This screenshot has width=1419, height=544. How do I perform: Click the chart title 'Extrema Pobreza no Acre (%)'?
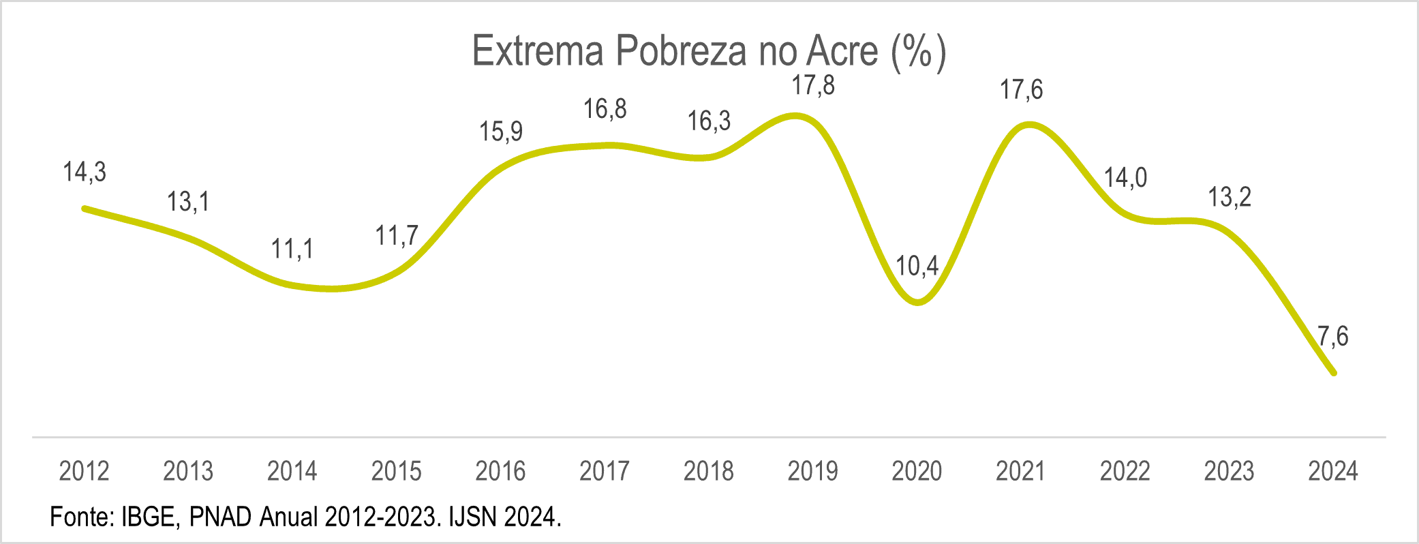coord(709,51)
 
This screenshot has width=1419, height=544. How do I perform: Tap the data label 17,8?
coord(813,86)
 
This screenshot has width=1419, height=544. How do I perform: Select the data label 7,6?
coord(1332,336)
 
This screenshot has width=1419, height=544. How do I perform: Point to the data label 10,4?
coord(917,266)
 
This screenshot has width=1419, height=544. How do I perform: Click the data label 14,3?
coord(85,172)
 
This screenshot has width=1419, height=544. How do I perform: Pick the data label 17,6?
coord(1021,90)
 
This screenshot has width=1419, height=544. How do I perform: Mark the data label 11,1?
coord(292,250)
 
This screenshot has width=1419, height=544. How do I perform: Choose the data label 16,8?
coord(605,109)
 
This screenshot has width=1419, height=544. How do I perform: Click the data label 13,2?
coord(1230,198)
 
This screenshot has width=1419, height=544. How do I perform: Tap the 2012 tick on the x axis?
coord(85,471)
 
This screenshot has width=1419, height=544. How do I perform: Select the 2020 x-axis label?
coord(917,471)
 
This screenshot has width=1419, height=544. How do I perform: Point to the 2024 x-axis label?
coord(1333,471)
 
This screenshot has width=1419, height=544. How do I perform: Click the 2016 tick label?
coord(500,471)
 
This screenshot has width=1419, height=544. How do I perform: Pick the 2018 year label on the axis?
coord(709,471)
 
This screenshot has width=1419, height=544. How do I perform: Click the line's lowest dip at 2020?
coord(917,302)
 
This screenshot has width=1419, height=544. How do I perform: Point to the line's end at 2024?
coord(1333,373)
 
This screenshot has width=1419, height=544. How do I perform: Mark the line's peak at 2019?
coord(797,117)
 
